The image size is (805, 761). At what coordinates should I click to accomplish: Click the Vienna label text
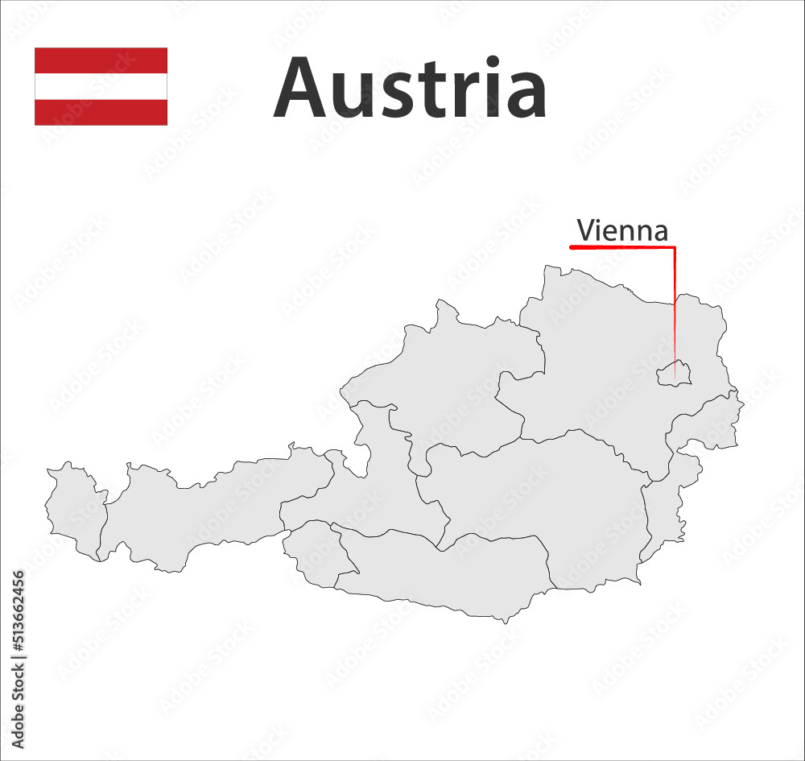click(x=622, y=231)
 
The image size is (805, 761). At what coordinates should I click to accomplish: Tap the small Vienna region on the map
click(x=675, y=373)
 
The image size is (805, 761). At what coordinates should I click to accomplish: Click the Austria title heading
click(x=410, y=88)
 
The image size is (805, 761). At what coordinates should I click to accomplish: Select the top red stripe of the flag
click(x=101, y=60)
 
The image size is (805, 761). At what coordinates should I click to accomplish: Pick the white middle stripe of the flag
click(x=101, y=86)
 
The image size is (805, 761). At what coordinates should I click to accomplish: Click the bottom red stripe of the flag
click(x=101, y=112)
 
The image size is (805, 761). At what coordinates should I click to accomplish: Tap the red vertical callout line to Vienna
click(x=675, y=306)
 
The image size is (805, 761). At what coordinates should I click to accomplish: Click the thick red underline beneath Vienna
click(x=620, y=247)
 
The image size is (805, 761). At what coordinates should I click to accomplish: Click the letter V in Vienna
click(x=585, y=231)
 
